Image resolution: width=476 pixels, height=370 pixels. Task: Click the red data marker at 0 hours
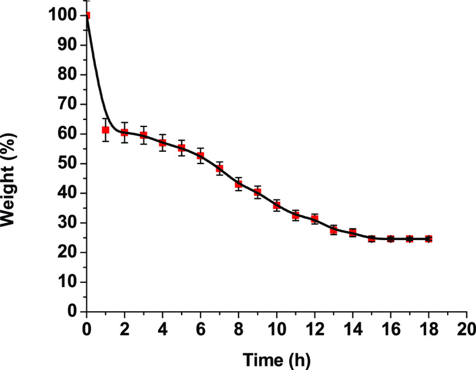[x=88, y=16]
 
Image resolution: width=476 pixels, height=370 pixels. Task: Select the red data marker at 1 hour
[x=106, y=130]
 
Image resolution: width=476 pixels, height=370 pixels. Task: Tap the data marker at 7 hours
[x=220, y=169]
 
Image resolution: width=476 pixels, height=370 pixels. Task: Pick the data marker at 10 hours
[x=277, y=205]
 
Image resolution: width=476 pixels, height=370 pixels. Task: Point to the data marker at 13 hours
[x=334, y=230]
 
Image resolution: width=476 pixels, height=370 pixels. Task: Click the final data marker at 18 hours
[x=428, y=239]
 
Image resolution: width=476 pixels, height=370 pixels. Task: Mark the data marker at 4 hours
[x=163, y=143]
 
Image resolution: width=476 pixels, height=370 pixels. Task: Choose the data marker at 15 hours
[x=371, y=238]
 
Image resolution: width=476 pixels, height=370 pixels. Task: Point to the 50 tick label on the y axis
[x=68, y=164]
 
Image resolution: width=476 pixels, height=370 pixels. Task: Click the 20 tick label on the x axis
[x=467, y=327]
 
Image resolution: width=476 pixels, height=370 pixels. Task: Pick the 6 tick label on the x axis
[x=201, y=327]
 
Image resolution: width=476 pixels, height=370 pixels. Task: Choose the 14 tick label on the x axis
[x=353, y=327]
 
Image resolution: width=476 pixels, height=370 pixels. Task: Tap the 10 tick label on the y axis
[x=68, y=282]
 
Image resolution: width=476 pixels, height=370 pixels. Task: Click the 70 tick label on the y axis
[x=68, y=104]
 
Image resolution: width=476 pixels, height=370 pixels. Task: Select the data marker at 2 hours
[x=125, y=132]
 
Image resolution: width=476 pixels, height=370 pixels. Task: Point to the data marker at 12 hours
[x=315, y=219]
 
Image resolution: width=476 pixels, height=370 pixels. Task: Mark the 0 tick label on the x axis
[x=87, y=327]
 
